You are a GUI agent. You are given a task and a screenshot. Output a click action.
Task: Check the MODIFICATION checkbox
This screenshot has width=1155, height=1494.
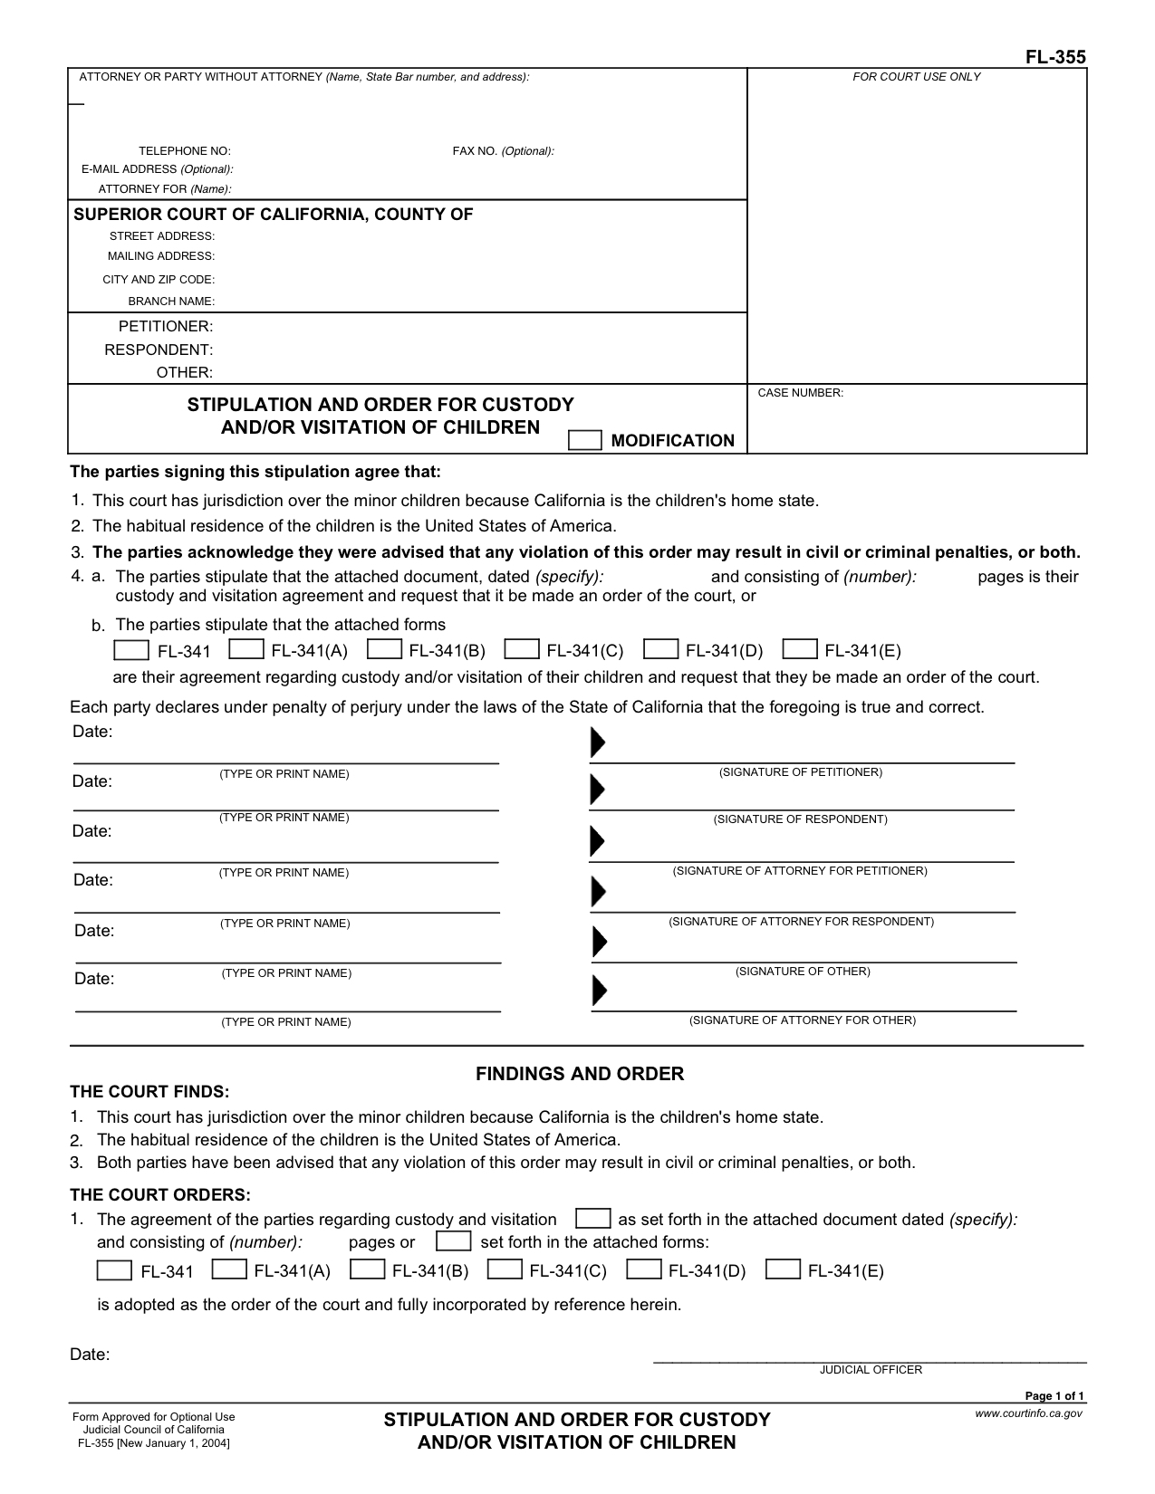[584, 440]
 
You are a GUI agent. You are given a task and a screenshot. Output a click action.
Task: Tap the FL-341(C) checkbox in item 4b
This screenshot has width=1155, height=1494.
[522, 649]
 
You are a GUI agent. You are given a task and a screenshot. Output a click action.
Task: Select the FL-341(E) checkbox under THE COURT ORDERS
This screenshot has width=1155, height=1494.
[783, 1269]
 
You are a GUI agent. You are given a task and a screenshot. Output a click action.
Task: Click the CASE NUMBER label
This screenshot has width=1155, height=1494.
[800, 393]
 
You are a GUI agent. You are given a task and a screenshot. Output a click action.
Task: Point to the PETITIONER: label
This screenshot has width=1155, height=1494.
[166, 326]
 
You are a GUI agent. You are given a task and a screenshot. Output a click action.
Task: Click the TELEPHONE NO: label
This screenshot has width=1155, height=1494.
[184, 151]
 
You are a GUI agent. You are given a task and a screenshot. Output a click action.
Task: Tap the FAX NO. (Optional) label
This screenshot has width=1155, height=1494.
[503, 151]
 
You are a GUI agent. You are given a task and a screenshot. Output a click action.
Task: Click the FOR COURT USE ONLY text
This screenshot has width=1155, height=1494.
[916, 77]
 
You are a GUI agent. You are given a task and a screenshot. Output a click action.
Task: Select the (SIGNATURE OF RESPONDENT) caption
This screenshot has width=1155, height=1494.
[800, 819]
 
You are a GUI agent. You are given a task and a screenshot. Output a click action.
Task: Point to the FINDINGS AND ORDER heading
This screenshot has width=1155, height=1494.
[580, 1074]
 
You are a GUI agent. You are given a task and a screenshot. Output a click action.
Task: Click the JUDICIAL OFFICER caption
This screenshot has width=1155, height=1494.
[871, 1370]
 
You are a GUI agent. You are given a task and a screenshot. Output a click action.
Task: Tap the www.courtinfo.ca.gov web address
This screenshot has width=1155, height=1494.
[1028, 1413]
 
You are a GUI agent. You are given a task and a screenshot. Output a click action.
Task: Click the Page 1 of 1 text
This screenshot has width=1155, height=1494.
[1054, 1396]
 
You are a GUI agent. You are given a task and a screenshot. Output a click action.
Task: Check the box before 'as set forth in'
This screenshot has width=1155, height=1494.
[592, 1218]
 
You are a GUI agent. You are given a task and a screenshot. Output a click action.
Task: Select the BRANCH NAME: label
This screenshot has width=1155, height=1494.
[171, 302]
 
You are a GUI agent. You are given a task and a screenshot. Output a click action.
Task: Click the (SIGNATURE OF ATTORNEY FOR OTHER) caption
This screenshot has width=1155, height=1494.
[802, 1020]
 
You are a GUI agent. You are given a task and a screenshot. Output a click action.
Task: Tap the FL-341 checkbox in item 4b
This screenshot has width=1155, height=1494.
[131, 650]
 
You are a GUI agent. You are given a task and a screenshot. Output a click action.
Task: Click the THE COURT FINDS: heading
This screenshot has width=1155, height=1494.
[149, 1092]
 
